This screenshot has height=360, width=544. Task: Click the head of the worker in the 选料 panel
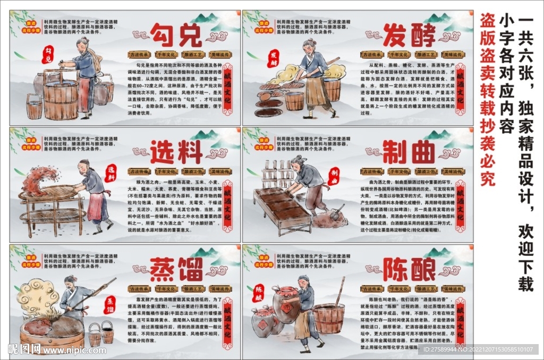tap(83, 165)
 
